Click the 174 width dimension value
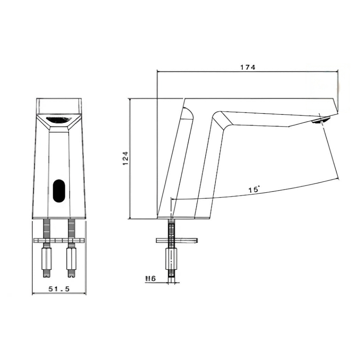(x=248, y=67)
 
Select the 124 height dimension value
(x=125, y=158)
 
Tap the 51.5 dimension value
(x=59, y=289)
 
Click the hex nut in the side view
(x=171, y=258)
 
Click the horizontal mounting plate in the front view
(x=59, y=240)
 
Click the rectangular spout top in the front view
(x=59, y=106)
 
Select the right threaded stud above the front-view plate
(x=72, y=228)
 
